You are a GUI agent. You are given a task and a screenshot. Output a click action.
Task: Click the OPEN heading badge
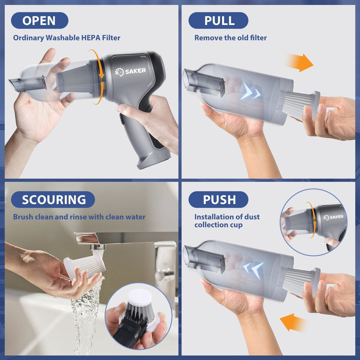pos(39,21)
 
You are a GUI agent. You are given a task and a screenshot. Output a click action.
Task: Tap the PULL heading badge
pos(218,21)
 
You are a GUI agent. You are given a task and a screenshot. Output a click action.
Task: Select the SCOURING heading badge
pos(53,200)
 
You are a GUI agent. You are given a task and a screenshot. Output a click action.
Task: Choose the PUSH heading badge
pos(218,200)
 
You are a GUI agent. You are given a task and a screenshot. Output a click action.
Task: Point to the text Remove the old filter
pos(231,38)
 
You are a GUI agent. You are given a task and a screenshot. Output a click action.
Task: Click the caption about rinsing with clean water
pos(79,217)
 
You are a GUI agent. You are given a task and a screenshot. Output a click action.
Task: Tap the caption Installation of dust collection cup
pos(227,221)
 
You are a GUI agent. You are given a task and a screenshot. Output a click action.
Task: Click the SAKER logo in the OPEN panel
pos(131,71)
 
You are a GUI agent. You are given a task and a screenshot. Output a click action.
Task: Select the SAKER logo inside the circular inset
pos(333,218)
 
